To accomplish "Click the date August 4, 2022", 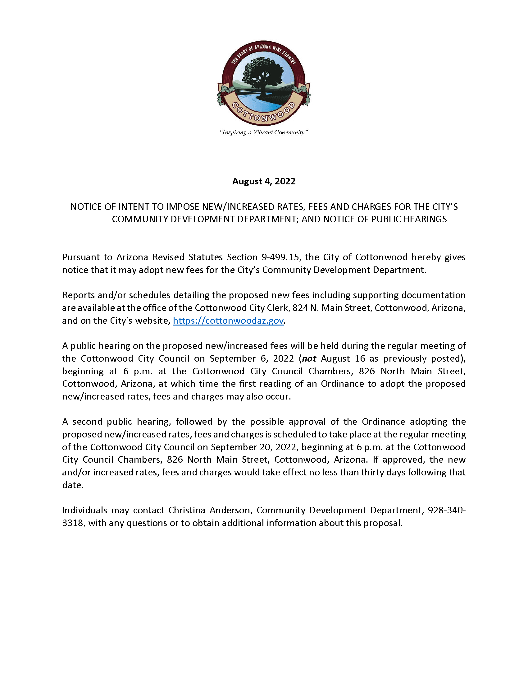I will (264, 181).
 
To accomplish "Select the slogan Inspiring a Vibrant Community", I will (264, 132).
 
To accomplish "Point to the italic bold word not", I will (309, 358).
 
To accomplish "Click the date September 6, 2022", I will (252, 358).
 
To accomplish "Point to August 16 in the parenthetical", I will (341, 358).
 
